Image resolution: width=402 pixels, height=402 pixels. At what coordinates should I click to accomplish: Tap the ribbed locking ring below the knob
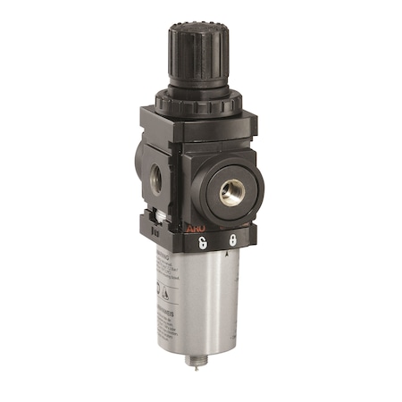coord(189,101)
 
